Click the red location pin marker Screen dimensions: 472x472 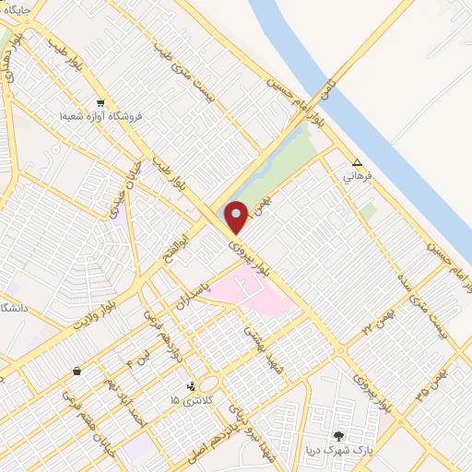click(x=237, y=217)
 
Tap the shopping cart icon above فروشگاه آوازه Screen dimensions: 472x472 click(x=100, y=103)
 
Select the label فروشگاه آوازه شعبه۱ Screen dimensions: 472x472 click(x=100, y=118)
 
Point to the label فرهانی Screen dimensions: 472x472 click(x=357, y=174)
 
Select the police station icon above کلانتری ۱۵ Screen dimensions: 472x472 click(x=192, y=386)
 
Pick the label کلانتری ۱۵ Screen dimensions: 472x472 click(x=191, y=400)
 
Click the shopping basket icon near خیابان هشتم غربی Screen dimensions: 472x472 click(x=77, y=371)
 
